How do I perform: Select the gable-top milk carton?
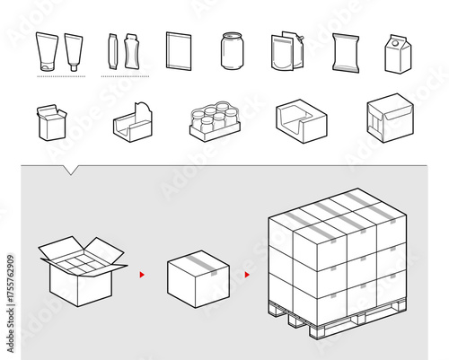pyautogui.click(x=398, y=54)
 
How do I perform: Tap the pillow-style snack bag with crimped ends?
pyautogui.click(x=346, y=52)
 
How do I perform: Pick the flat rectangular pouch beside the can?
pyautogui.click(x=179, y=50)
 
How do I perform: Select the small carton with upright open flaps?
pyautogui.click(x=51, y=122)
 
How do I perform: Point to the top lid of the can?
pyautogui.click(x=232, y=36)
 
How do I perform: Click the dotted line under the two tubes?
pyautogui.click(x=60, y=77)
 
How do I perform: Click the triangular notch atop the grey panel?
pyautogui.click(x=71, y=169)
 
